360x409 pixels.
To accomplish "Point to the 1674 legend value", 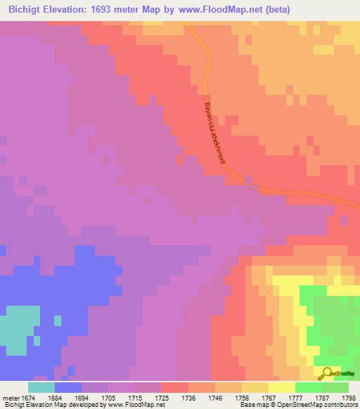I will click(27, 397).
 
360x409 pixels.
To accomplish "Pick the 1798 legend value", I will click(349, 397).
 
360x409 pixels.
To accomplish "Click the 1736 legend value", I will click(188, 397).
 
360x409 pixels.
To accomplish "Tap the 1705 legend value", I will click(109, 397).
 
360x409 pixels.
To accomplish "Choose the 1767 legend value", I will click(269, 397).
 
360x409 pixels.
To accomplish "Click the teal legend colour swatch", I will click(41, 387).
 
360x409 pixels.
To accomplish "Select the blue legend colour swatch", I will click(67, 387).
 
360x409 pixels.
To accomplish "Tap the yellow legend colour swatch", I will click(282, 387).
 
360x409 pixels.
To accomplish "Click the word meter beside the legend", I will click(9, 397).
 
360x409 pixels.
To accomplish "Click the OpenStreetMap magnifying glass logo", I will click(326, 373).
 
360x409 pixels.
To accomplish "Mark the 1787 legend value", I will click(322, 397).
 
